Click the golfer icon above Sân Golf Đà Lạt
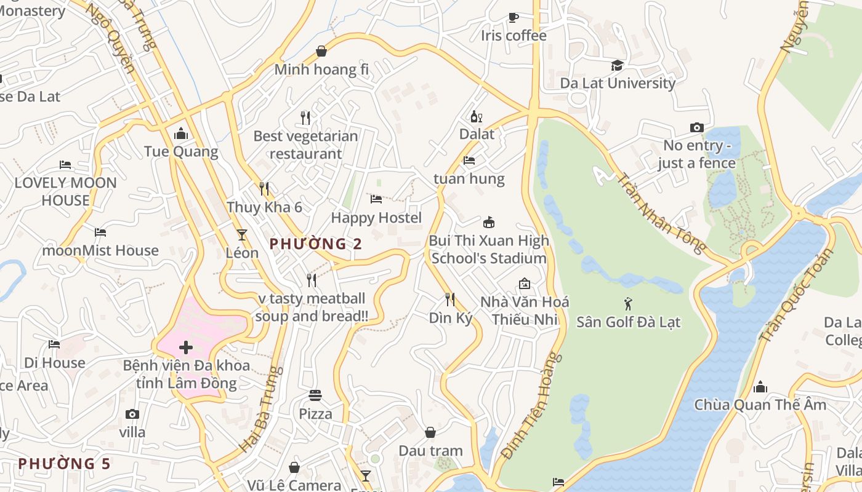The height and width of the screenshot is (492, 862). click(x=628, y=304)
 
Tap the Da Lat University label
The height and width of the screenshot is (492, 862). click(x=618, y=83)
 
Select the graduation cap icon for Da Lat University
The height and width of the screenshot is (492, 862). click(x=617, y=65)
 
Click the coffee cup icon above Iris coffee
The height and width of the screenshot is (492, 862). click(x=514, y=17)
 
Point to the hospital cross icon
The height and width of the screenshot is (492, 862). click(x=185, y=347)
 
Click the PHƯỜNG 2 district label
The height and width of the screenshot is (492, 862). click(x=316, y=244)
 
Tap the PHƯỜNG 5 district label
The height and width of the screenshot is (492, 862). click(x=64, y=463)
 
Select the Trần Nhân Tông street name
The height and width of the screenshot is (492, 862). click(x=661, y=213)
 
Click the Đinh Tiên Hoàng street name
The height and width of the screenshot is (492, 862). click(x=532, y=405)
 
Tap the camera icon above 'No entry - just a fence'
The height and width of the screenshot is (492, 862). click(x=696, y=128)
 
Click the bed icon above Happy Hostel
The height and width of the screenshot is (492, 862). click(x=376, y=199)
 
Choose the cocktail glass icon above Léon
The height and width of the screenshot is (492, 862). click(x=242, y=235)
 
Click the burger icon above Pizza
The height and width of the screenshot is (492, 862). click(x=315, y=395)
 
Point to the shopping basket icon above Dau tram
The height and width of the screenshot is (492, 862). click(x=430, y=433)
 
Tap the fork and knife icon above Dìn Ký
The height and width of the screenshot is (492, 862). click(x=450, y=300)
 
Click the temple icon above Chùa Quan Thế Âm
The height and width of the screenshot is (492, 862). click(x=760, y=387)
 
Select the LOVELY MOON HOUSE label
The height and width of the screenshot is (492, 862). click(x=66, y=191)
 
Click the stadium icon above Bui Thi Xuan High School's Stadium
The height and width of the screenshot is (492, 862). click(x=489, y=222)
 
